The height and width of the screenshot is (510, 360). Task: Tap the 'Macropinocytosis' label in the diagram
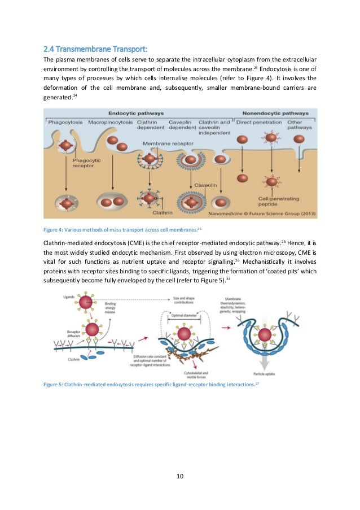113,122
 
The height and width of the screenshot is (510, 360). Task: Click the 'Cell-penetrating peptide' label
273,201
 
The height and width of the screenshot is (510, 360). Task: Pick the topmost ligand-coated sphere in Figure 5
85,302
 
